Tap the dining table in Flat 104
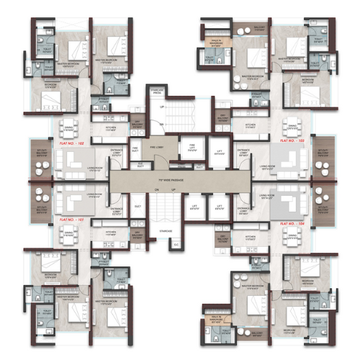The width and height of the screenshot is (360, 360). click(x=291, y=234)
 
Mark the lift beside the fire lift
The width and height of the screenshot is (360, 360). click(x=219, y=152)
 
